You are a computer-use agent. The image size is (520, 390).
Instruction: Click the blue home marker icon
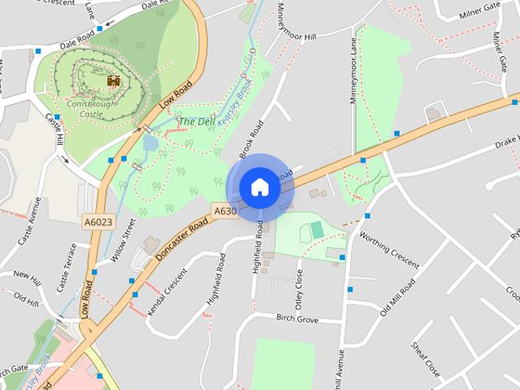pyautogui.click(x=260, y=188)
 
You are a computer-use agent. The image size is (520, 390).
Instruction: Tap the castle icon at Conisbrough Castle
pyautogui.click(x=113, y=80)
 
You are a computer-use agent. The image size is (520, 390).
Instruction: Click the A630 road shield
pyautogui.click(x=225, y=211)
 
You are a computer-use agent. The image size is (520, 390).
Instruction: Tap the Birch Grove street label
pyautogui.click(x=297, y=318)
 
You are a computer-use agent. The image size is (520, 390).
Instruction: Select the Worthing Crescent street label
pyautogui.click(x=389, y=253)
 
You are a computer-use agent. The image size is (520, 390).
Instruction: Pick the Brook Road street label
pyautogui.click(x=252, y=139)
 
